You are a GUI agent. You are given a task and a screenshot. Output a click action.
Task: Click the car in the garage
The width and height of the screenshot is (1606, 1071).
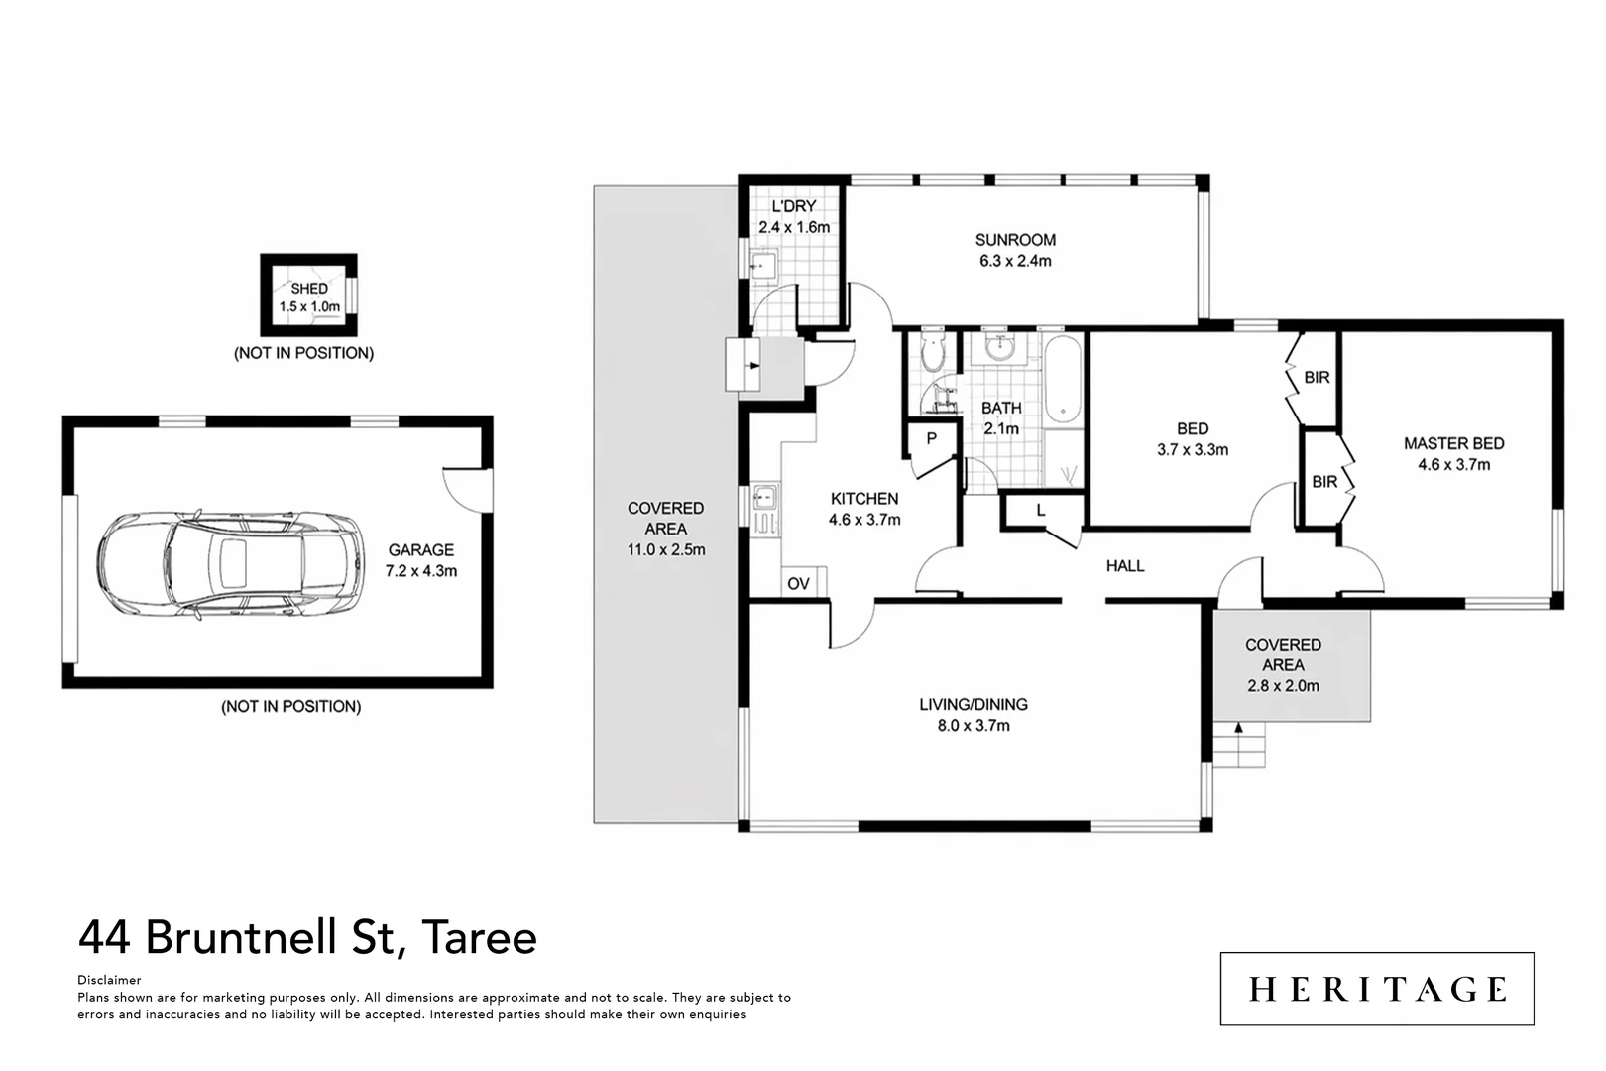click(x=230, y=564)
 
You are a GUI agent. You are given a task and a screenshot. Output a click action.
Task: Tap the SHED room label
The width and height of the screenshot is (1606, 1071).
click(x=309, y=289)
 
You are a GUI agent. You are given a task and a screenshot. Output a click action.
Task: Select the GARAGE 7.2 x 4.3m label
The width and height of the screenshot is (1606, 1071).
click(x=421, y=560)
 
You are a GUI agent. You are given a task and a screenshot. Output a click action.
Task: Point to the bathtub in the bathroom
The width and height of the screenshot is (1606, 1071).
click(x=1063, y=380)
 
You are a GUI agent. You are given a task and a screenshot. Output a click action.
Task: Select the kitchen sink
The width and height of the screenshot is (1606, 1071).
click(x=765, y=496)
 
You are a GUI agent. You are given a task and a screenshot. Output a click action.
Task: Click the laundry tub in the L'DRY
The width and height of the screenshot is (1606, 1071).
click(x=763, y=265)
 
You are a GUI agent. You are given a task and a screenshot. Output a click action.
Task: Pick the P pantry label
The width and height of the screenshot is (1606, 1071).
click(x=931, y=438)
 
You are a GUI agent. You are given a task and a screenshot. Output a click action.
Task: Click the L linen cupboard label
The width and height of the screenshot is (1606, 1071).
click(x=1040, y=511)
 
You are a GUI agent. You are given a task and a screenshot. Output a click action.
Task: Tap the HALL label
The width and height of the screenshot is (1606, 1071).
click(x=1125, y=566)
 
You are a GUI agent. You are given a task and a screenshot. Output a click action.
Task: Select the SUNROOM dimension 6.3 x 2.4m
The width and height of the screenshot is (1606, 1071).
click(x=1015, y=261)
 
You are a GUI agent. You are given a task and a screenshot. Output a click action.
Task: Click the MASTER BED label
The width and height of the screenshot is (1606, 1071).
click(x=1454, y=443)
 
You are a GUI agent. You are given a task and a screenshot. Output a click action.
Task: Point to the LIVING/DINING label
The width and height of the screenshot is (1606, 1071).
click(x=974, y=704)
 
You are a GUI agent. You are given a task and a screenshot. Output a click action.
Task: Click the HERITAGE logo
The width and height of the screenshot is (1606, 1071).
click(x=1377, y=989)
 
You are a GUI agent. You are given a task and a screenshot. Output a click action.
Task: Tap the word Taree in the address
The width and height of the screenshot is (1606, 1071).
click(x=479, y=937)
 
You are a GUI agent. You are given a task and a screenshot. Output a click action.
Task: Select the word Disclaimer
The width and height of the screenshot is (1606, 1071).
click(x=109, y=980)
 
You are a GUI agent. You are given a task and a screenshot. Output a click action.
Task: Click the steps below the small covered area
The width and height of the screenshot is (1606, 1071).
click(x=1239, y=744)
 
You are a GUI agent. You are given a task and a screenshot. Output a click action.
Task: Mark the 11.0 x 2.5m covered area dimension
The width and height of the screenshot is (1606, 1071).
click(x=666, y=550)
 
